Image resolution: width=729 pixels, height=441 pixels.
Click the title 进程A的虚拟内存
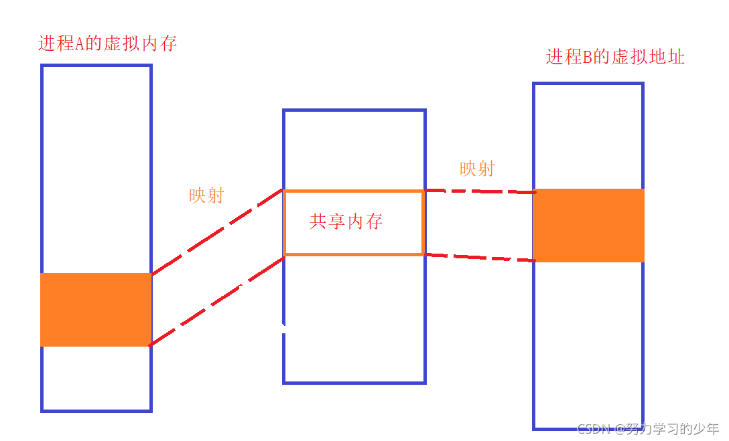point(107,44)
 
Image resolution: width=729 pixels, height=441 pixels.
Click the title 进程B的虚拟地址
point(615,57)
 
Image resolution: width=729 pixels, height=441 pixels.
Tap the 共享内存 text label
point(346,222)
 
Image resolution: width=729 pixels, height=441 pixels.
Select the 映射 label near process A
point(206,195)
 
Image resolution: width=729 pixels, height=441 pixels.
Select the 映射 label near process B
point(477,169)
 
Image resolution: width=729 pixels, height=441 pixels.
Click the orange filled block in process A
point(96,309)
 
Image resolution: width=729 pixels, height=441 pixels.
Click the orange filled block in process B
point(588,225)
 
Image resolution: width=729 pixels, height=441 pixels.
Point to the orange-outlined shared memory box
point(353,192)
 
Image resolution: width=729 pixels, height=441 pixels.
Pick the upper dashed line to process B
point(480,191)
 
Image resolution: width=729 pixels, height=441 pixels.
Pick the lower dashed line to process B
point(480,257)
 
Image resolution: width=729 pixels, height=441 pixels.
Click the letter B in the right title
point(588,58)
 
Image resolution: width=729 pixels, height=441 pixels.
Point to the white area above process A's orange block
point(96,167)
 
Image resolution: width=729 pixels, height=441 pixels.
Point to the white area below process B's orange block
point(588,341)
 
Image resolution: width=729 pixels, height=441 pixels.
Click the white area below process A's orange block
point(96,377)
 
